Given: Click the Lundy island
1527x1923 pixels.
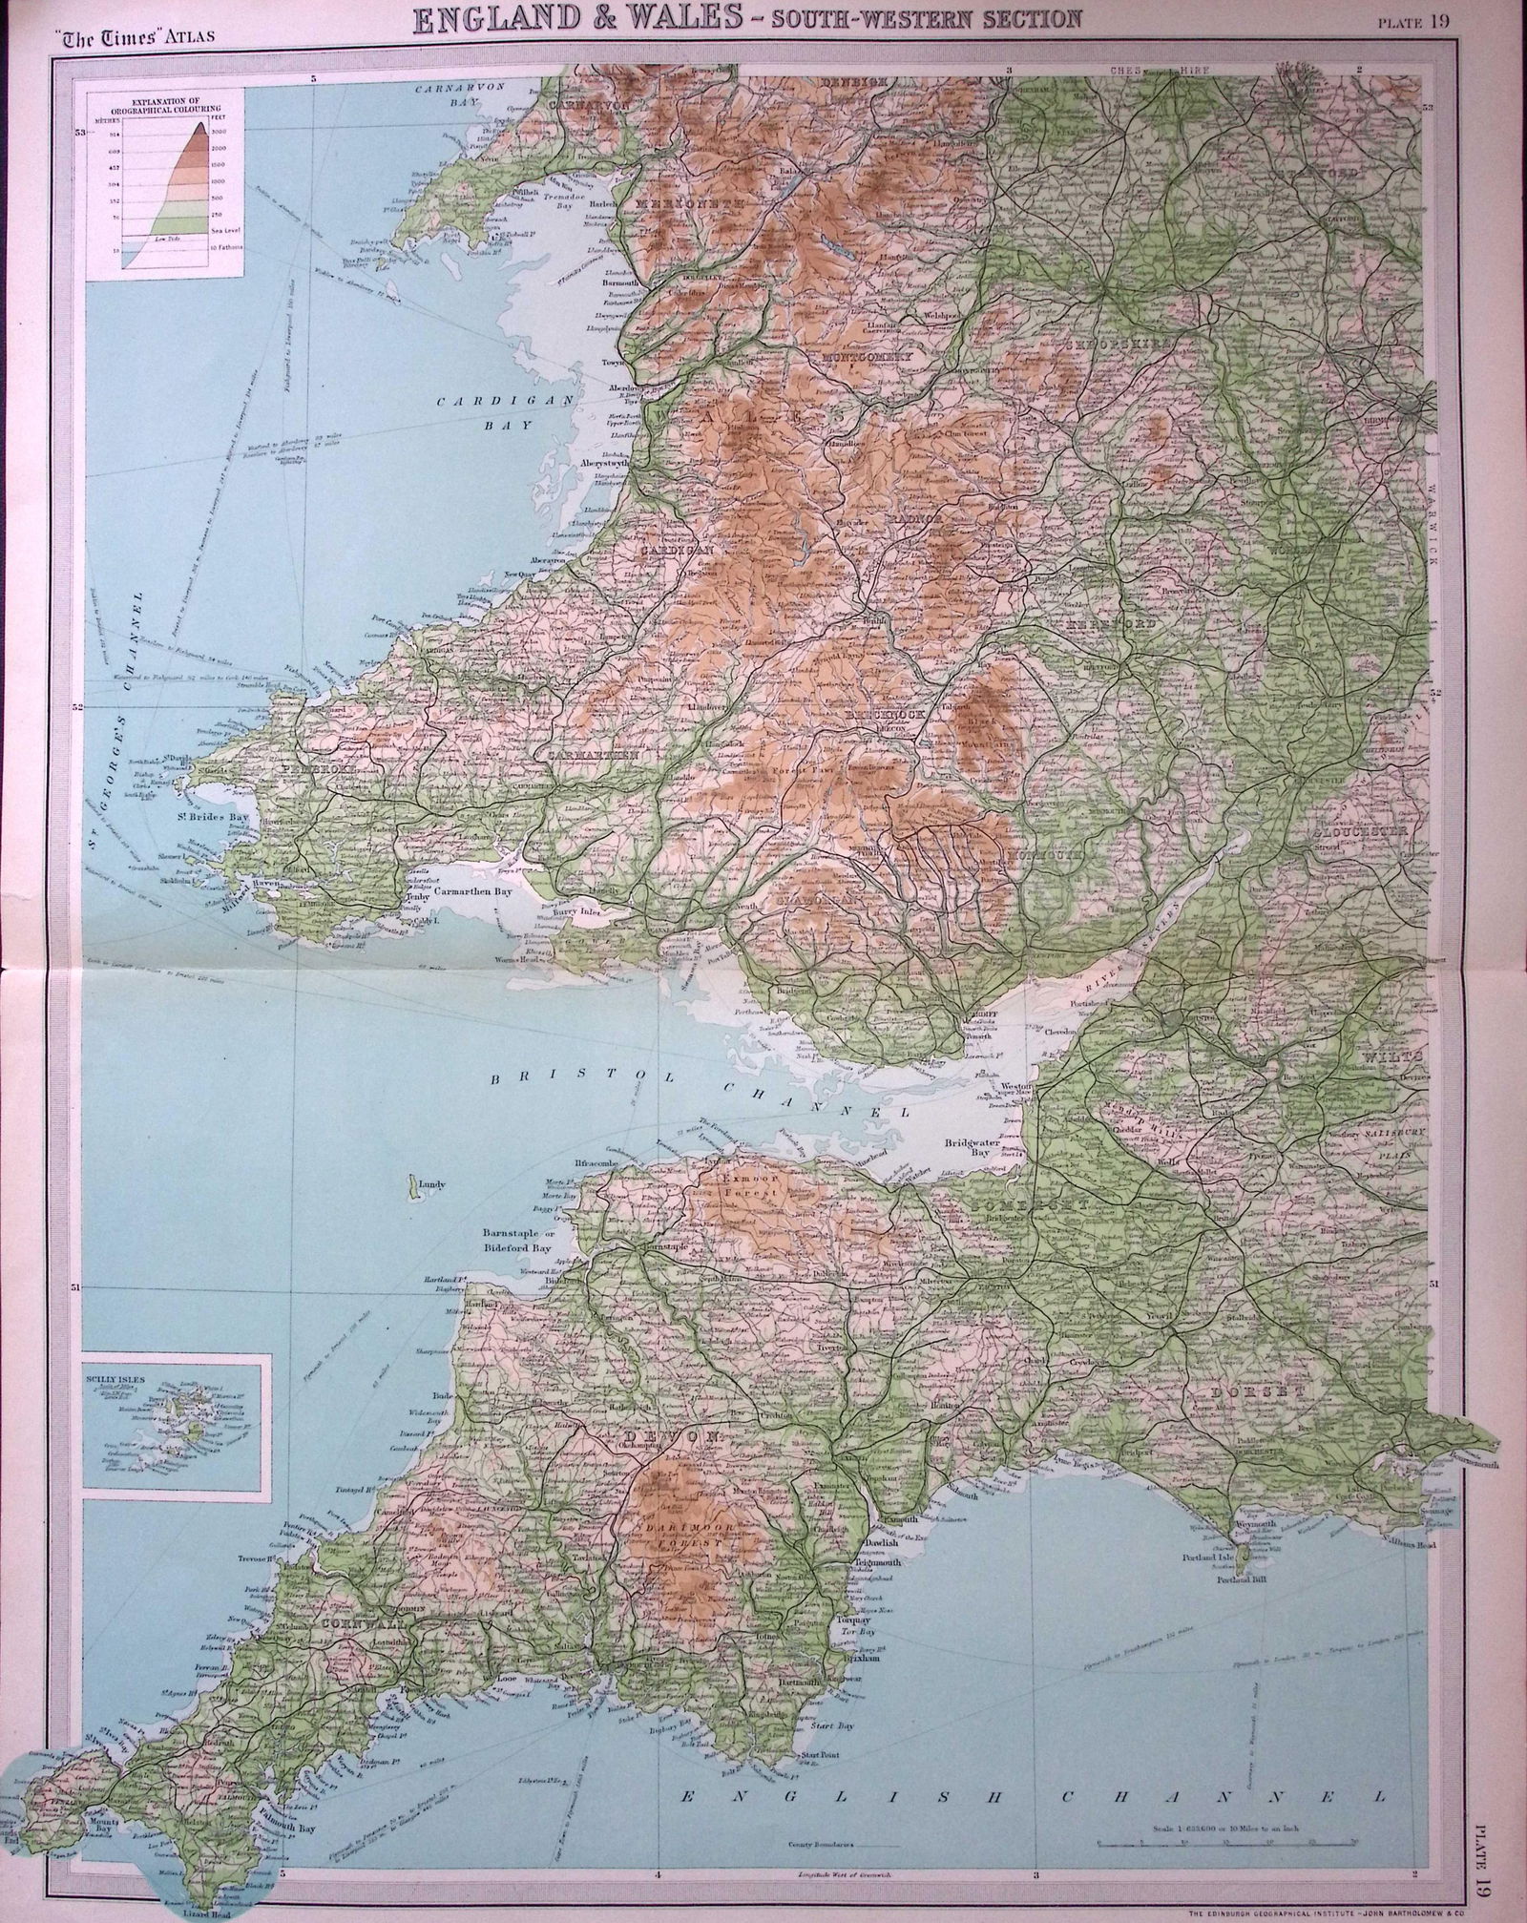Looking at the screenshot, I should click(x=413, y=1188).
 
